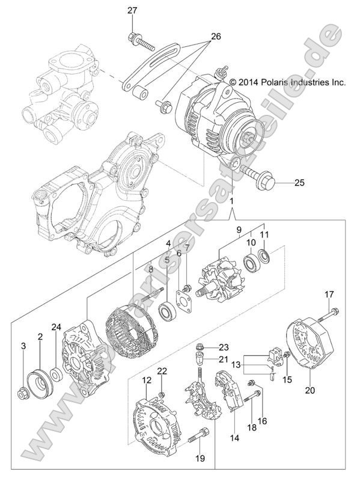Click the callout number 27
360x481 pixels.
pos(132,10)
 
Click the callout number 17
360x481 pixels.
pos(329,294)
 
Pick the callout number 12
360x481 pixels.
pos(147,380)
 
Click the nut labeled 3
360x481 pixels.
pos(23,394)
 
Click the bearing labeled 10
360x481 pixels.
pos(248,265)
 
